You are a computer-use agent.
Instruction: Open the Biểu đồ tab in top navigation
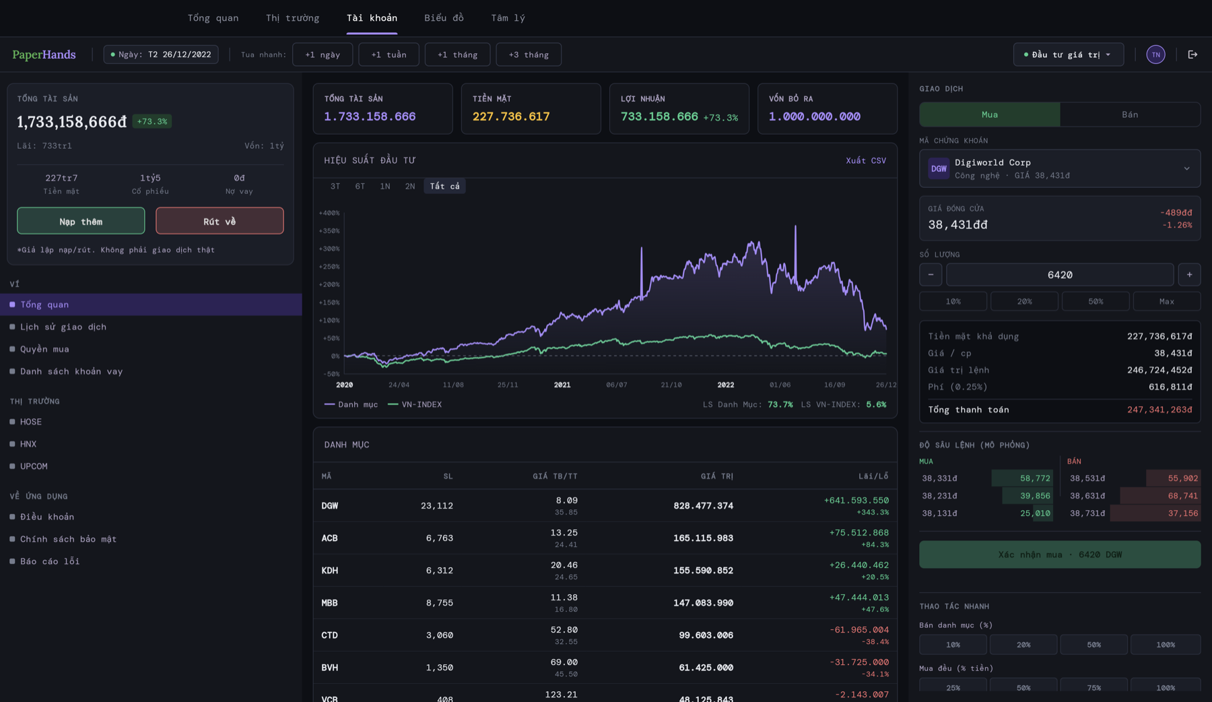tap(444, 18)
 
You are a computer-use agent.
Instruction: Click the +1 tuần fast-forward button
tap(389, 55)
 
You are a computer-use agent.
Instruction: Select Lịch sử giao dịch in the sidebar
tap(63, 327)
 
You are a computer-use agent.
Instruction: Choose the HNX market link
tap(28, 444)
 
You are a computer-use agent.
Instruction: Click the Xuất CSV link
tap(865, 160)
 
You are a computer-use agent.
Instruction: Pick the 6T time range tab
tap(360, 187)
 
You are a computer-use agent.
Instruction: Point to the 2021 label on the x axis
tap(562, 385)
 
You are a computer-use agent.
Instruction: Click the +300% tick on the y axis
tap(329, 249)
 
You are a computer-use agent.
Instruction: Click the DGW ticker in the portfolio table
tap(330, 506)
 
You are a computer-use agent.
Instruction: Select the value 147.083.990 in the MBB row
tap(703, 603)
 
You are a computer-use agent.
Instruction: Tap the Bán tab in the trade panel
tap(1129, 115)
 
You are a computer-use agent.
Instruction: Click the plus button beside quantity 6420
tap(1189, 275)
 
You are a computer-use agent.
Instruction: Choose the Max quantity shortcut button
tap(1166, 301)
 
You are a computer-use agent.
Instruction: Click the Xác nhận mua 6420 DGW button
tap(1059, 554)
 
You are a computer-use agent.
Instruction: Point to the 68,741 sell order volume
tap(1182, 496)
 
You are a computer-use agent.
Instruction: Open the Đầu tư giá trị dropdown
tap(1068, 55)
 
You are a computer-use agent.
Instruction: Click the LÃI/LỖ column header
tap(873, 476)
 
